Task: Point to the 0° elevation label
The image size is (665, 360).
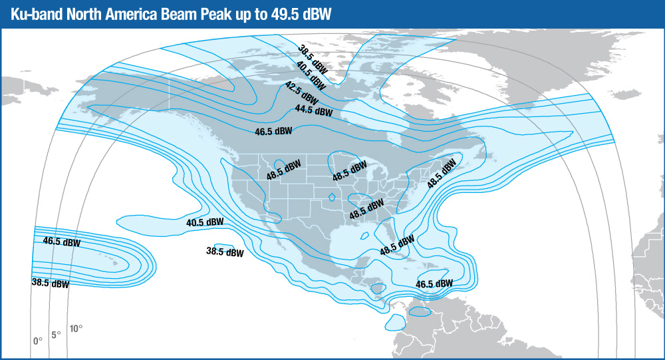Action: tap(38, 341)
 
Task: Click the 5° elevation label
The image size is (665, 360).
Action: tap(56, 334)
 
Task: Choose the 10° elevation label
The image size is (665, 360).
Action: tap(76, 327)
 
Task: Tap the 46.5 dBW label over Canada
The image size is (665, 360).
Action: tap(273, 131)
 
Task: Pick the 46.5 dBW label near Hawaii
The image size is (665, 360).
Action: tap(61, 242)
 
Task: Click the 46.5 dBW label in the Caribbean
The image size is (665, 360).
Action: tap(434, 283)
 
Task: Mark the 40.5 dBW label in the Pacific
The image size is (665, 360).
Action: tap(205, 222)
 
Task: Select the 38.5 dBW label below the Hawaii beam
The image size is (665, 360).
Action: tap(50, 283)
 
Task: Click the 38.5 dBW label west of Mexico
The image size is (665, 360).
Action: tap(225, 252)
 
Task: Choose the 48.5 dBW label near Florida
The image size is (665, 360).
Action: tap(397, 246)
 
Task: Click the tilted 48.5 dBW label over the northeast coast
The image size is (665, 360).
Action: tap(442, 172)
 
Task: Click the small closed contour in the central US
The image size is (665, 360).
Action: tap(332, 197)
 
